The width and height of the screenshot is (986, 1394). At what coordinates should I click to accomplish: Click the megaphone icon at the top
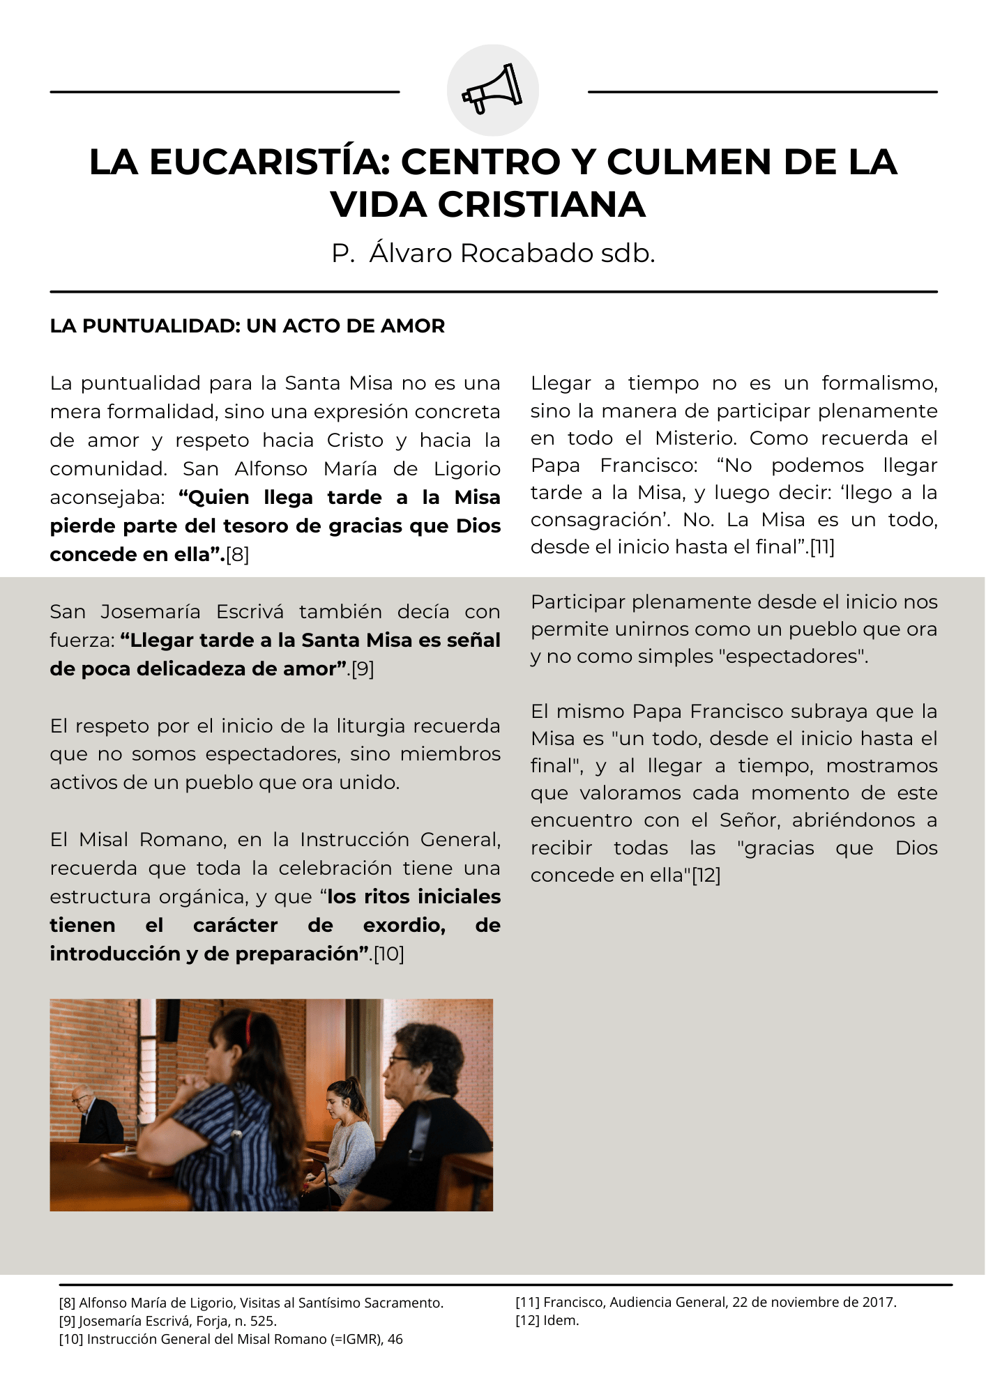pos(492,89)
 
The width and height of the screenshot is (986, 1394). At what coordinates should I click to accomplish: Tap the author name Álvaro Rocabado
pos(480,253)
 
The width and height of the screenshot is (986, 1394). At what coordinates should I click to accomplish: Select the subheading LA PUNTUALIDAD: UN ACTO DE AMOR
pos(247,326)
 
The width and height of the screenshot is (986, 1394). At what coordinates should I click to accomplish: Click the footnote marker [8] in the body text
pos(237,555)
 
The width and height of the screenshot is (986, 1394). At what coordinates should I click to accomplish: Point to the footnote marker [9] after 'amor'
pos(363,669)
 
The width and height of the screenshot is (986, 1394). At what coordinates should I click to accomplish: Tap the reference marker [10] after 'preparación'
pos(389,954)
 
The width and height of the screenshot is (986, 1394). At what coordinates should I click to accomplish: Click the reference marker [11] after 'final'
pos(822,547)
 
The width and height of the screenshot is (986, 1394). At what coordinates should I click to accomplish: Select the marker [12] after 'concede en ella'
pos(706,875)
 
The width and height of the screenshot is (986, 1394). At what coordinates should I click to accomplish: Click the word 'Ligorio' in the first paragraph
pos(467,469)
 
